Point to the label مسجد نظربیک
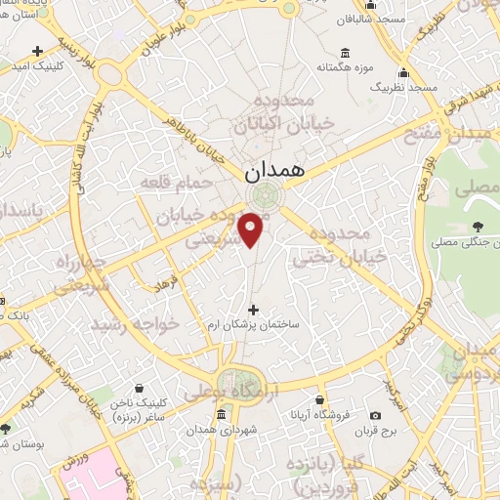403,88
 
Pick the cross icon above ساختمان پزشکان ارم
254,310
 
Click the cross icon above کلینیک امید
38,50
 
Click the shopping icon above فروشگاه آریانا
320,398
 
